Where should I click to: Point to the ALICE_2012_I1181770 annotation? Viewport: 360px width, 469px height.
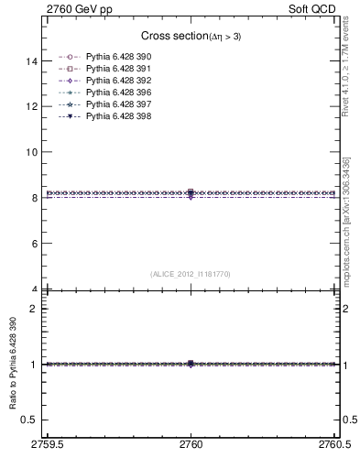pyautogui.click(x=191, y=273)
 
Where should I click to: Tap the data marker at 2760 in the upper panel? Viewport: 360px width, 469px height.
pyautogui.click(x=191, y=193)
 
